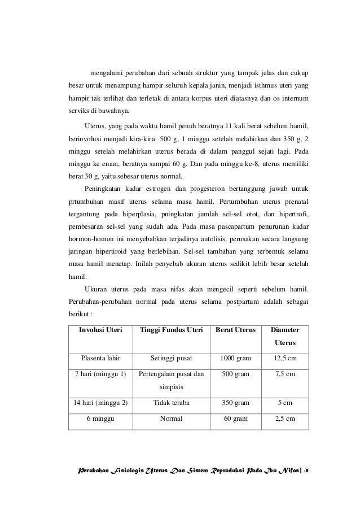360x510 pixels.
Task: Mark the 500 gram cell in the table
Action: (x=235, y=374)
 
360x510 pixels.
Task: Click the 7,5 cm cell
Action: (x=285, y=374)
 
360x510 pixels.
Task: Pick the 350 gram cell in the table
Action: (x=235, y=403)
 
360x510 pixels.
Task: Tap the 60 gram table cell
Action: (x=235, y=419)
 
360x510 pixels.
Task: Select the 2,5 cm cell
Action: (x=285, y=419)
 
